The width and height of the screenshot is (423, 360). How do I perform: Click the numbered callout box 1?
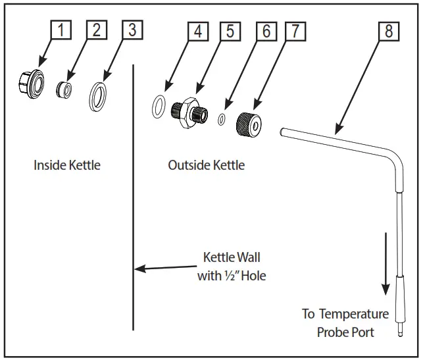pyautogui.click(x=61, y=30)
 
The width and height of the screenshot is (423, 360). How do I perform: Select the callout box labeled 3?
pyautogui.click(x=132, y=30)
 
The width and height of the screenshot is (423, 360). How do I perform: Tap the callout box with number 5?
pyautogui.click(x=230, y=32)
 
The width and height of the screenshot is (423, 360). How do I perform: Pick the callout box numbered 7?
pyautogui.click(x=295, y=32)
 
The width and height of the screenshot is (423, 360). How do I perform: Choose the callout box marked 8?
pyautogui.click(x=389, y=32)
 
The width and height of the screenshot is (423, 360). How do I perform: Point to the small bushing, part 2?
pyautogui.click(x=64, y=90)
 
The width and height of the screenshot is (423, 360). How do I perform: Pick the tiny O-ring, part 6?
pyautogui.click(x=222, y=119)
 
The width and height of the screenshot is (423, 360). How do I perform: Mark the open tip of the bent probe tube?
pyautogui.click(x=282, y=132)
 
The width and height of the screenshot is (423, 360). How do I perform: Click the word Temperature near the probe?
pyautogui.click(x=354, y=314)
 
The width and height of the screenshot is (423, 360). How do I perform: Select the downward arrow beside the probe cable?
pyautogui.click(x=386, y=264)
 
